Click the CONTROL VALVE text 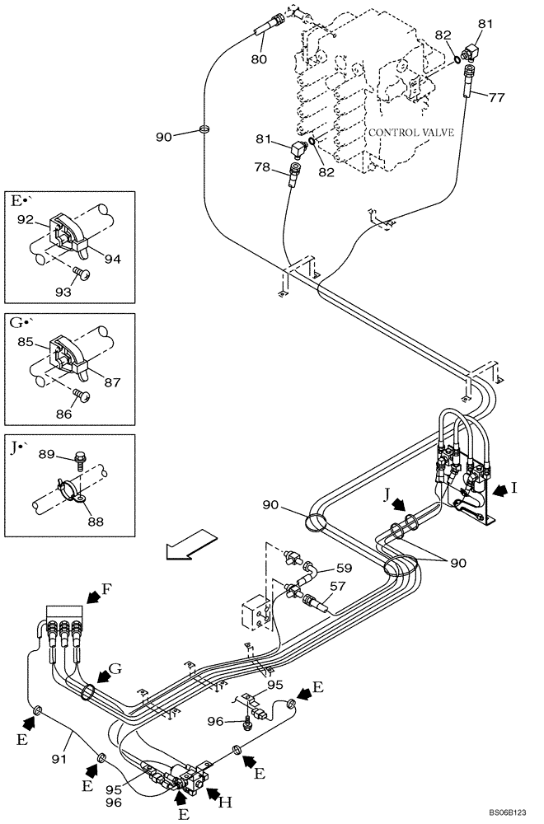click(410, 133)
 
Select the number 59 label click(344, 568)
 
